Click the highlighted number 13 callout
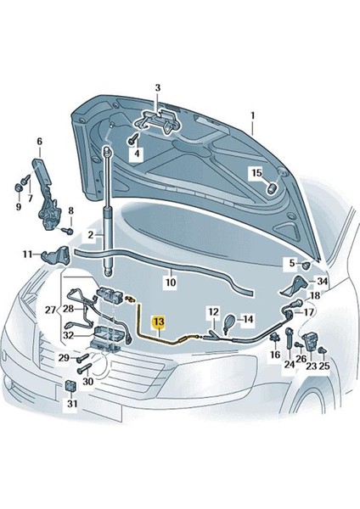point(159,322)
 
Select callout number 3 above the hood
point(157,87)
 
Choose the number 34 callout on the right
point(322,282)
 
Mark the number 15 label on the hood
point(253,173)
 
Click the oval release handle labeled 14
point(229,322)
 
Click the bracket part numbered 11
point(61,253)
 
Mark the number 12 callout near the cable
point(214,311)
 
